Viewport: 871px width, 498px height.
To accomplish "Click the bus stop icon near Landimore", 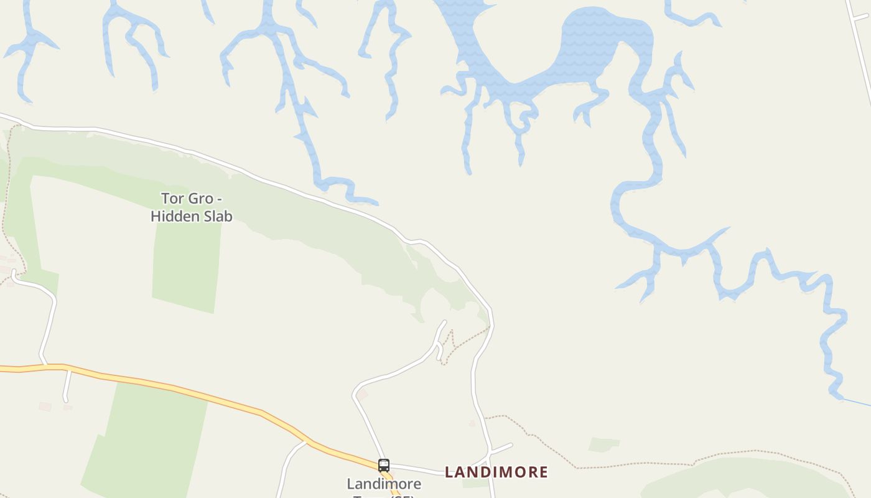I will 384,465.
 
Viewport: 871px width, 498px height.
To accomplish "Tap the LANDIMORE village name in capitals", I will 496,472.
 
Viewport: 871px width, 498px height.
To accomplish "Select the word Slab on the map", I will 218,217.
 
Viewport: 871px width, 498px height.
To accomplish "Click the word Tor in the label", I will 172,199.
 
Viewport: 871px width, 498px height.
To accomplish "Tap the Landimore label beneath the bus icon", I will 384,484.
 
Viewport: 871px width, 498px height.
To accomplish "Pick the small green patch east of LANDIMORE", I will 604,444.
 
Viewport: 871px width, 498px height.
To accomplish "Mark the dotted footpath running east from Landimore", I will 622,466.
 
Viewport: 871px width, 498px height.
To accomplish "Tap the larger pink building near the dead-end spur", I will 45,406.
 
